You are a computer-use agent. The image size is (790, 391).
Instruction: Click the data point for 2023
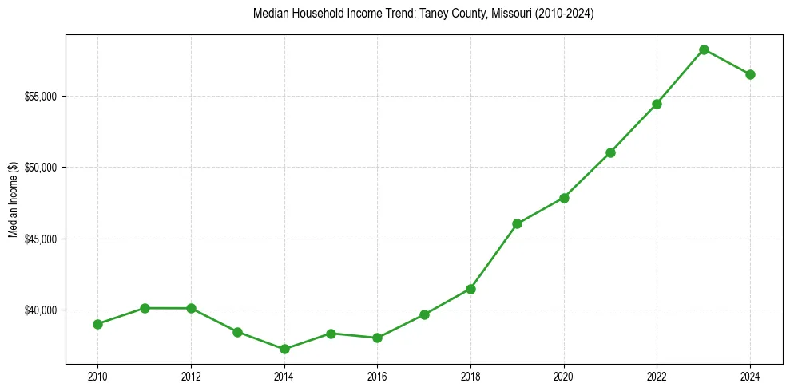click(704, 49)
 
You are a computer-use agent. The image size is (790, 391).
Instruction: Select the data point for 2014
click(284, 349)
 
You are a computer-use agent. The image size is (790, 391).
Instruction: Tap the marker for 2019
click(518, 223)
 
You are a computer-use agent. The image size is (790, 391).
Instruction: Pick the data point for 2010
click(97, 324)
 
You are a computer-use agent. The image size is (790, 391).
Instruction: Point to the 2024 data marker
click(750, 74)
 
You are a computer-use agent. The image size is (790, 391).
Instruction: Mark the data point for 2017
click(424, 314)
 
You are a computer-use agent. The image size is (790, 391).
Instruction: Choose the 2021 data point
click(610, 152)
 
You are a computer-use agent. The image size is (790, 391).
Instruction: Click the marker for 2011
click(145, 308)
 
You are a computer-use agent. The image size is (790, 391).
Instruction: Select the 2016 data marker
click(377, 338)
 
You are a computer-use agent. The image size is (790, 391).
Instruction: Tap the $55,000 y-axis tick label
click(43, 97)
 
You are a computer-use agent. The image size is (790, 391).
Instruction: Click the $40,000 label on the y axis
click(43, 310)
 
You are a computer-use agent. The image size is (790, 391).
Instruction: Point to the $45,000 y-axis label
click(43, 239)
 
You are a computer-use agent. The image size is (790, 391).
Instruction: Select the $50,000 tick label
click(43, 168)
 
